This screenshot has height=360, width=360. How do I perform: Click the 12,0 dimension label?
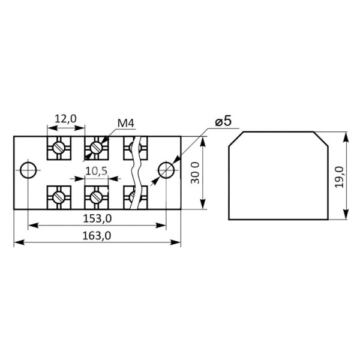click(x=65, y=119)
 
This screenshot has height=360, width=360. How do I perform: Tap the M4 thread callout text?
click(x=125, y=124)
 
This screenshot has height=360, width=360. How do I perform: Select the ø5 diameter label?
click(x=223, y=121)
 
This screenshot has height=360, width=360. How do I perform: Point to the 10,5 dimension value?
click(x=97, y=171)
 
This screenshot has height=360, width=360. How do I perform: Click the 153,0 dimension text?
click(x=97, y=218)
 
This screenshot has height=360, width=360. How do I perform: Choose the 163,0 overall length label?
click(x=97, y=236)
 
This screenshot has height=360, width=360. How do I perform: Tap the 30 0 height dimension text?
click(x=196, y=173)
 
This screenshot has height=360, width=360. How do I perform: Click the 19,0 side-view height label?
click(x=339, y=177)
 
